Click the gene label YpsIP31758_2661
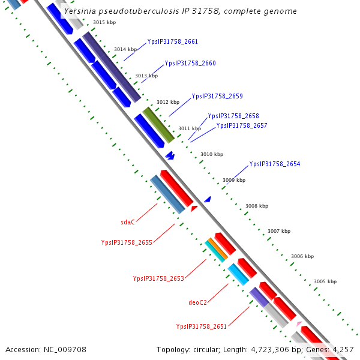[172, 42]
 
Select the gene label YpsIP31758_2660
[190, 64]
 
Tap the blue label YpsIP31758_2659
[217, 96]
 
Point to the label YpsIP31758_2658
[233, 116]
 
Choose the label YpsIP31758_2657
[241, 126]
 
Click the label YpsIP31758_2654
[274, 164]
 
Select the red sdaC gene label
[128, 222]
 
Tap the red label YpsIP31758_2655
[127, 242]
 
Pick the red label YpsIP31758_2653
[158, 278]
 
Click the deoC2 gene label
[197, 302]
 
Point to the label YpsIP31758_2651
[201, 326]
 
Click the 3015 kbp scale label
[104, 22]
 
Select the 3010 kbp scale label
[211, 154]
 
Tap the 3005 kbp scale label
[325, 281]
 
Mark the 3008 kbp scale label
[256, 206]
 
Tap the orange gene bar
[217, 249]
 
